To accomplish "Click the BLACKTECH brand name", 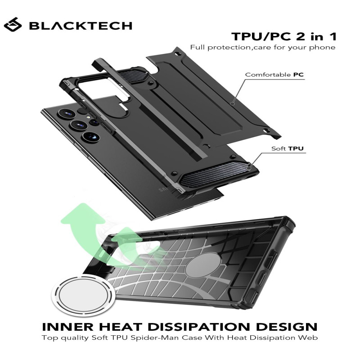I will pos(81,26).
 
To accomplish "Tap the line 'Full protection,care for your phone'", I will pos(262,48).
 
